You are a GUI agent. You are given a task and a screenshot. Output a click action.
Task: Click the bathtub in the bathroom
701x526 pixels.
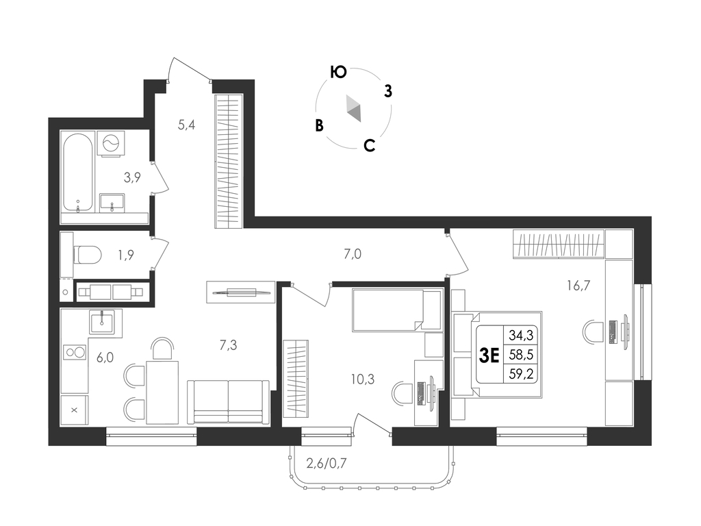tap(78, 173)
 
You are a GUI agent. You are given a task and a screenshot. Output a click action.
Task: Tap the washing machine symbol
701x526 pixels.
tap(111, 143)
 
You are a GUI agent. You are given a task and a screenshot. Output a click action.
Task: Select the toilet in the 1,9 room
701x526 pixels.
tap(88, 255)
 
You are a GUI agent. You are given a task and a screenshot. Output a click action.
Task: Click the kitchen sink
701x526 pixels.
tap(102, 321)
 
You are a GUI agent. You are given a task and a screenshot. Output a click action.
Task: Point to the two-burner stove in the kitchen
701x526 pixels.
tap(75, 353)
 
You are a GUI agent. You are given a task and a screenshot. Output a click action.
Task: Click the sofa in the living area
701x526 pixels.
tap(229, 401)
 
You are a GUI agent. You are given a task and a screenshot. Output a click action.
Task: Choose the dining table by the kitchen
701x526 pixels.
tap(162, 392)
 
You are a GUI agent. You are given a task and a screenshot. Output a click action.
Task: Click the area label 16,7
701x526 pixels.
tap(578, 285)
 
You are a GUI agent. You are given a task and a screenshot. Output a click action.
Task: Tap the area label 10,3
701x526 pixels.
tap(363, 379)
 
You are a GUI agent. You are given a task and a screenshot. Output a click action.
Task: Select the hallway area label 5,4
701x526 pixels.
tap(186, 125)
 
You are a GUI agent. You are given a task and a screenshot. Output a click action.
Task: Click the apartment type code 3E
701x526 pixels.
tap(489, 355)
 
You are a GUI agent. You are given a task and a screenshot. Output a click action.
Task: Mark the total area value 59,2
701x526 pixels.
tap(521, 374)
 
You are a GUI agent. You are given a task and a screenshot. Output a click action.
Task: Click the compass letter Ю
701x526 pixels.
tap(338, 72)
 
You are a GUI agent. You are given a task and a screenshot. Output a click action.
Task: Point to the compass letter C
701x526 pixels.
tap(369, 145)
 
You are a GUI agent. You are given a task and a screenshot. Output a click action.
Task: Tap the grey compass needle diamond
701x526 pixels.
tap(354, 108)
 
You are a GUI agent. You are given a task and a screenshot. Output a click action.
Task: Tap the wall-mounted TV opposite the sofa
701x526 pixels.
tap(242, 292)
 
